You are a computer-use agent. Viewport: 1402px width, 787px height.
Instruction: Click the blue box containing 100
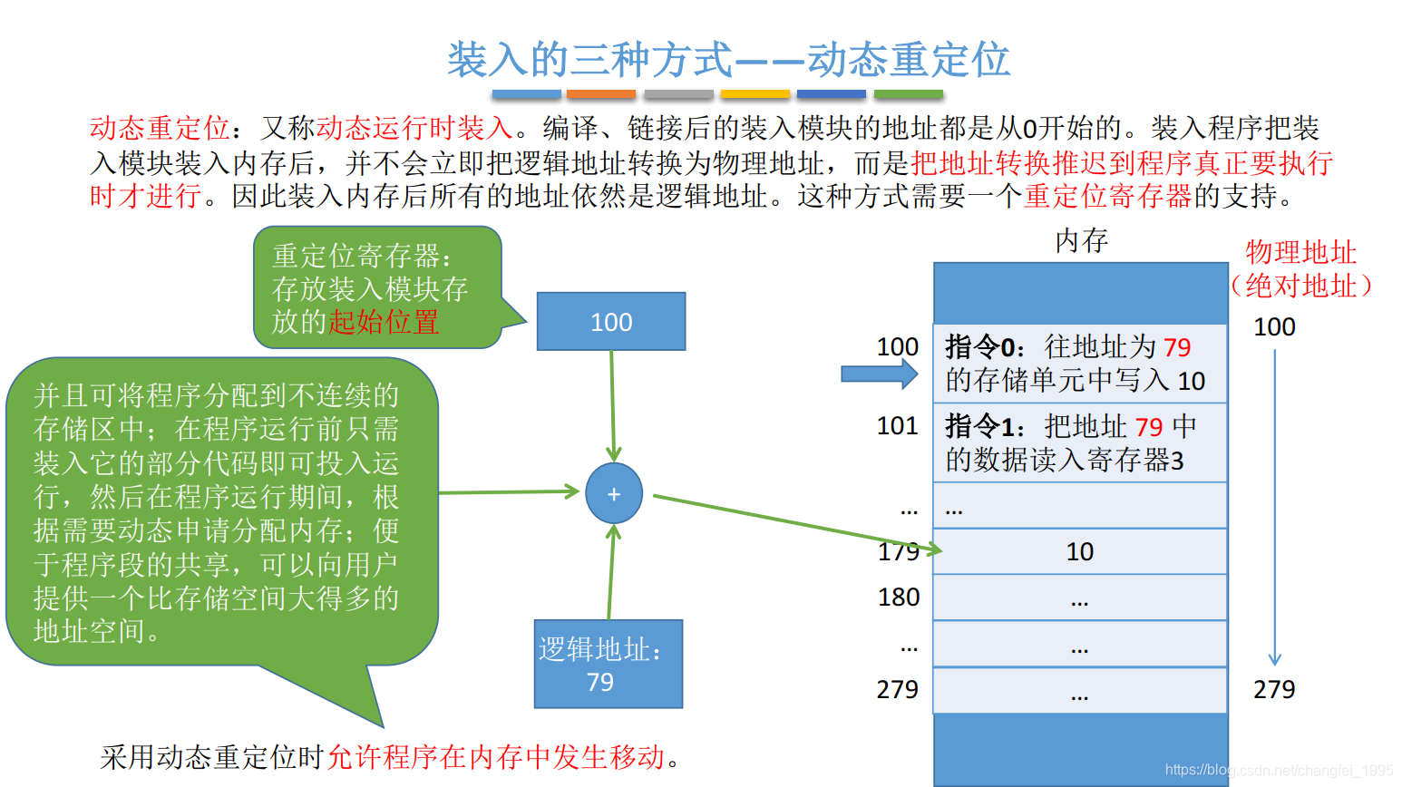tap(611, 322)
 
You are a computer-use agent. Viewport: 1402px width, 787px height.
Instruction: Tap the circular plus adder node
tap(614, 494)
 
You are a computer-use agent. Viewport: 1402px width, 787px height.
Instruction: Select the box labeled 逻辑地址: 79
tap(608, 665)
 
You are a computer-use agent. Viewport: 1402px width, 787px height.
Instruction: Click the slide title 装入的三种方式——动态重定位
tap(728, 60)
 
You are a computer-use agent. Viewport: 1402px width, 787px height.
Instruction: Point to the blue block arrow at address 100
tap(879, 374)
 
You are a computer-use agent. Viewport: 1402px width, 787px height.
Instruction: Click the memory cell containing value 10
tap(1079, 551)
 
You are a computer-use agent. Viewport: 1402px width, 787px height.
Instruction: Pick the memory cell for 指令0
tap(1079, 364)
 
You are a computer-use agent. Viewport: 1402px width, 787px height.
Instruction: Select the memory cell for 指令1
tap(1079, 442)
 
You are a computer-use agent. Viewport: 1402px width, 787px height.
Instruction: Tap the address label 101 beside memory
tap(898, 426)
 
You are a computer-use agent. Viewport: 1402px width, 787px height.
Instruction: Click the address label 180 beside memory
tap(899, 598)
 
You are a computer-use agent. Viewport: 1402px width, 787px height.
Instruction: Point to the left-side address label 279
tap(898, 690)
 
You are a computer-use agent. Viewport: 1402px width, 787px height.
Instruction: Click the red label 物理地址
tap(1300, 252)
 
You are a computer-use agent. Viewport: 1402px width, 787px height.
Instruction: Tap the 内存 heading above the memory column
tap(1081, 241)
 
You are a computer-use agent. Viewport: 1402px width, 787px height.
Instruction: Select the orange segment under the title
tap(600, 94)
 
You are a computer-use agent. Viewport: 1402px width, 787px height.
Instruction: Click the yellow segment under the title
tap(755, 94)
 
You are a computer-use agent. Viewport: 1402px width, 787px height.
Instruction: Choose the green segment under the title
tap(909, 94)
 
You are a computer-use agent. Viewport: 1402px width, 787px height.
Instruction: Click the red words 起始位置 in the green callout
tap(384, 322)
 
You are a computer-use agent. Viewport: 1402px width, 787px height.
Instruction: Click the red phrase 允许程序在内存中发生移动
tap(496, 757)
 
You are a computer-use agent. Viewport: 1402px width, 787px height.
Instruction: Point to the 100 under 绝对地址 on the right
tap(1274, 327)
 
